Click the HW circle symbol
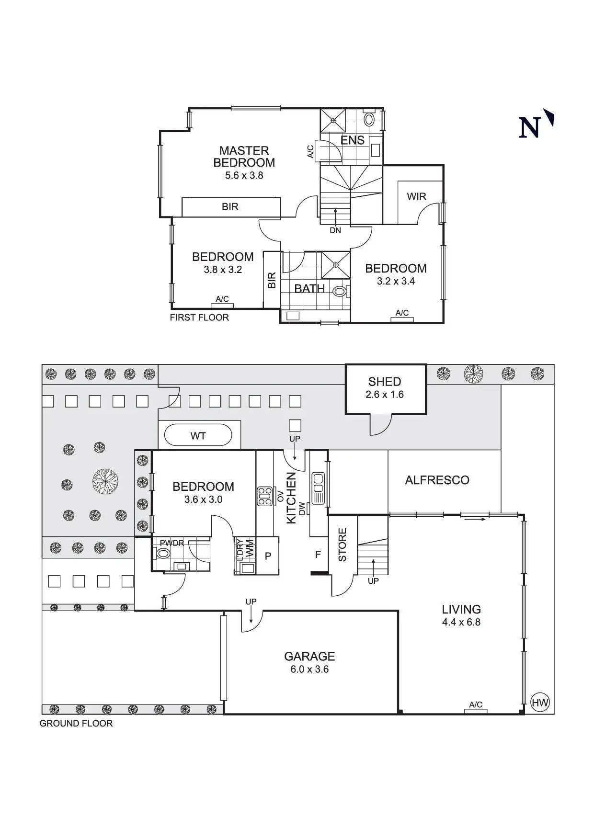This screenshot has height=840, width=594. [x=540, y=703]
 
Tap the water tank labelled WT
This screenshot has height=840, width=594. [x=198, y=436]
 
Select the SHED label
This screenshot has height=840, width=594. [x=385, y=382]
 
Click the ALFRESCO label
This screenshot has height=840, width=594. [x=437, y=480]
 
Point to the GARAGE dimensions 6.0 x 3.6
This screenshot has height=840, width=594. [x=309, y=669]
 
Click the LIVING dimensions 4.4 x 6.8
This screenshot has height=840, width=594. [x=461, y=622]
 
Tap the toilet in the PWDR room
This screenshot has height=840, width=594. [x=163, y=553]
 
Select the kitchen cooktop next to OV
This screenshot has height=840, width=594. [x=264, y=496]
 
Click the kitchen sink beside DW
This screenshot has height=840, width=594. [x=318, y=488]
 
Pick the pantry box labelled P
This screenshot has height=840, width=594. [x=268, y=556]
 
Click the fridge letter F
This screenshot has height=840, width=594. [x=318, y=555]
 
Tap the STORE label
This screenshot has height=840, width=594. [x=343, y=545]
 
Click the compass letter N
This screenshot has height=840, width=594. [x=530, y=127]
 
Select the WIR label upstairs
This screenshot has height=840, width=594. [x=416, y=196]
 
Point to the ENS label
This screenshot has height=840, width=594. [x=353, y=140]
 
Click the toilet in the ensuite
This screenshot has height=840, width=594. [x=369, y=119]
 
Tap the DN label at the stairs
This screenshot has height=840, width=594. [x=335, y=230]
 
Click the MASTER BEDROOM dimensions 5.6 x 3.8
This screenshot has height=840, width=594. [x=244, y=175]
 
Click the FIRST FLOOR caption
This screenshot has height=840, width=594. [x=199, y=318]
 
